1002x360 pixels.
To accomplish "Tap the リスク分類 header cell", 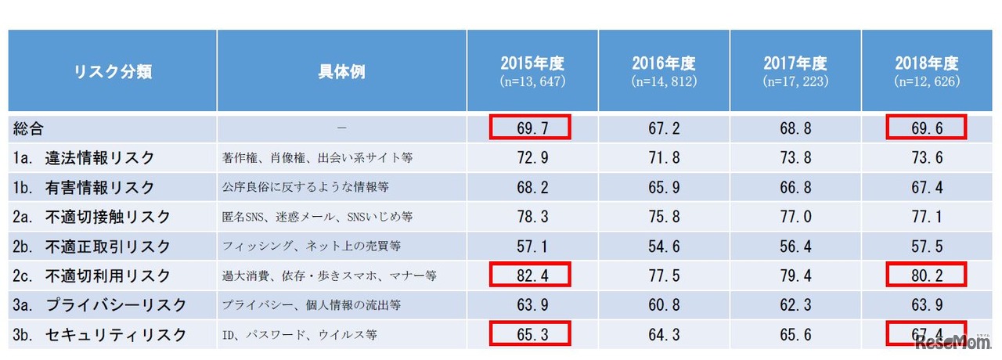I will pyautogui.click(x=113, y=72).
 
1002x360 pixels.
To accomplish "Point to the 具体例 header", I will pyautogui.click(x=341, y=72).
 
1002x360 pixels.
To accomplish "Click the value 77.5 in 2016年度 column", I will pyautogui.click(x=663, y=275).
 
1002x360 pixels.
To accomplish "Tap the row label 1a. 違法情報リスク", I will pyautogui.click(x=87, y=157).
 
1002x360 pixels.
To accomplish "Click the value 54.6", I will pyautogui.click(x=663, y=247).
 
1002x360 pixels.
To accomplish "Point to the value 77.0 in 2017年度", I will pyautogui.click(x=795, y=217).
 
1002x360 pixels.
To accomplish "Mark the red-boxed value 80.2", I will pyautogui.click(x=927, y=275).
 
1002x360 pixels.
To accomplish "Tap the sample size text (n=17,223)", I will pyautogui.click(x=795, y=81).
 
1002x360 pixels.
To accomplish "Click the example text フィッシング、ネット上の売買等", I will pyautogui.click(x=312, y=247).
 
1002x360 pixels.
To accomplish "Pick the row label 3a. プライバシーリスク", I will pyautogui.click(x=99, y=305).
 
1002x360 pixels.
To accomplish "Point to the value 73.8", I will pyautogui.click(x=795, y=157).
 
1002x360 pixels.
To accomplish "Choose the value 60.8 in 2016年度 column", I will pyautogui.click(x=663, y=305).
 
